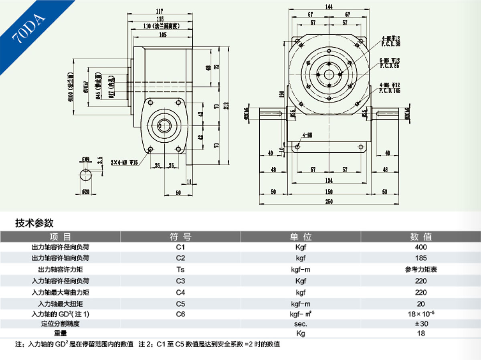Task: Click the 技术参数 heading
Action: [34, 223]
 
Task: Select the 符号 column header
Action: [180, 237]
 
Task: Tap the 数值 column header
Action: [420, 237]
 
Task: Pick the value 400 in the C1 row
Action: [421, 247]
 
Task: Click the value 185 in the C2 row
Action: [421, 258]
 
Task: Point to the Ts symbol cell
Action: [180, 269]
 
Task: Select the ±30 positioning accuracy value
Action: [421, 324]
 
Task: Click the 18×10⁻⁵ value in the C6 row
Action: [421, 314]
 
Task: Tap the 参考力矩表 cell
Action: [421, 269]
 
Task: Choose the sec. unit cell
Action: [301, 324]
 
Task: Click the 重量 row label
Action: [60, 333]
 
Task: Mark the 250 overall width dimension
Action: [329, 201]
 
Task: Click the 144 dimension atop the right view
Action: [329, 7]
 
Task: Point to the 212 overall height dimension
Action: [226, 106]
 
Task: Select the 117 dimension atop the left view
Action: [160, 12]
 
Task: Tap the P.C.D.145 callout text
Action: [390, 91]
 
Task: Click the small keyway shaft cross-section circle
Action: [86, 176]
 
